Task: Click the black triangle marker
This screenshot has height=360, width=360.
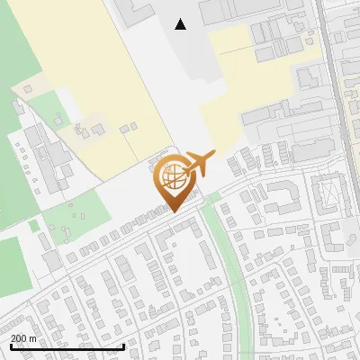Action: (x=180, y=24)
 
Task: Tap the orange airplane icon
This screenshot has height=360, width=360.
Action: (x=197, y=164)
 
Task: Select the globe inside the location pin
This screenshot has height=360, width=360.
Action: (x=171, y=175)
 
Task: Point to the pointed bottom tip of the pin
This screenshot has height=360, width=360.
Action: (x=171, y=212)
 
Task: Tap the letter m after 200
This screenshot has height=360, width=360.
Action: (x=33, y=338)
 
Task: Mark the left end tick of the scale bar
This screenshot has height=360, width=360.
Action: (x=10, y=346)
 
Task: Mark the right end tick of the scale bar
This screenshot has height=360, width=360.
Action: (x=123, y=346)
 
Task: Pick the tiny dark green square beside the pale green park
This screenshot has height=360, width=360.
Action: (x=34, y=226)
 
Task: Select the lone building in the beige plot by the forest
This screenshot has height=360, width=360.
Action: (x=27, y=89)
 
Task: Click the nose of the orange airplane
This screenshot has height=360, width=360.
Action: (x=213, y=154)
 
